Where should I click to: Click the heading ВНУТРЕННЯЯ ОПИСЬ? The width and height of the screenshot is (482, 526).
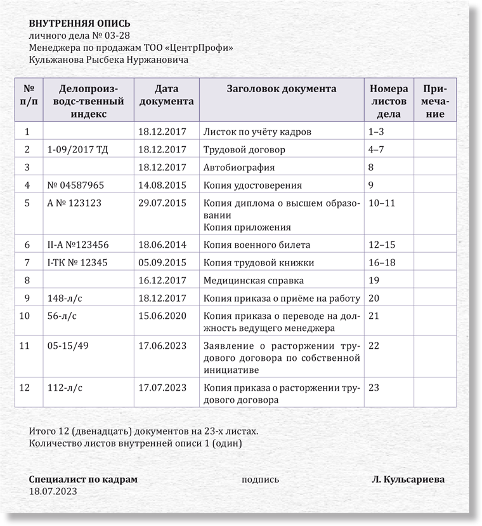(x=80, y=24)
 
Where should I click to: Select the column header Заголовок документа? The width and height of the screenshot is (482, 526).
(x=282, y=89)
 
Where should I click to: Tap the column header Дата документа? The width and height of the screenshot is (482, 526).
(x=166, y=95)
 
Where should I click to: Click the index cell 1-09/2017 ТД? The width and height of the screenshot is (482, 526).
(x=74, y=150)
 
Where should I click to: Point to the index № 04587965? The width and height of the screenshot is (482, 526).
(x=76, y=185)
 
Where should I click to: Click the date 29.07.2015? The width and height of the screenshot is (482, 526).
(x=162, y=203)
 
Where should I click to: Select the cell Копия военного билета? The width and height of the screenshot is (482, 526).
(x=256, y=245)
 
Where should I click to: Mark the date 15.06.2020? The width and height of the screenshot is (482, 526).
(x=162, y=316)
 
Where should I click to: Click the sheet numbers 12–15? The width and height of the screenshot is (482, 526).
(x=381, y=245)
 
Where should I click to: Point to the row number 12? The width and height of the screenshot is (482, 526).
(x=25, y=388)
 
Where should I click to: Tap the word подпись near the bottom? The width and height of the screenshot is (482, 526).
(x=260, y=480)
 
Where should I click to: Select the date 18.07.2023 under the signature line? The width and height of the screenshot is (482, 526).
(x=53, y=491)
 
